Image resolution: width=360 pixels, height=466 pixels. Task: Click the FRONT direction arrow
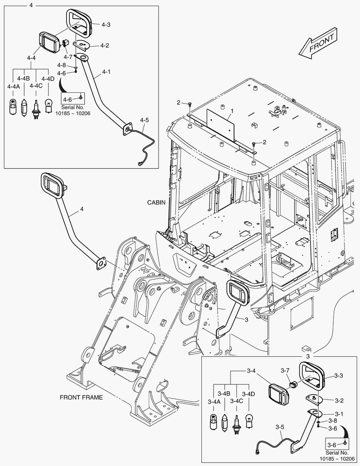click(318, 45)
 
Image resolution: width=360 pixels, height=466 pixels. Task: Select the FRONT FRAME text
click(81, 397)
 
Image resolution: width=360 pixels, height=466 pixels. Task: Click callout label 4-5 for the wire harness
click(144, 120)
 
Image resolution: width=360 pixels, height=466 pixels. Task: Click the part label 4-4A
click(13, 87)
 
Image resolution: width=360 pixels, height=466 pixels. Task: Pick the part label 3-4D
click(248, 394)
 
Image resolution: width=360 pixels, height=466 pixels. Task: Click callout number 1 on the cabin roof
click(232, 111)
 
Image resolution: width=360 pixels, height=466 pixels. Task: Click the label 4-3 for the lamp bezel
click(106, 25)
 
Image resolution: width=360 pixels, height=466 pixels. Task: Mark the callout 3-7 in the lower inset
click(285, 371)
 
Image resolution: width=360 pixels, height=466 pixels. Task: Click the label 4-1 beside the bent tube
click(106, 72)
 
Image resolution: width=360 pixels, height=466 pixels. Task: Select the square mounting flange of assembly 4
click(101, 263)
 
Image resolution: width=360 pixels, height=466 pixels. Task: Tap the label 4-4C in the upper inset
click(36, 86)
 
